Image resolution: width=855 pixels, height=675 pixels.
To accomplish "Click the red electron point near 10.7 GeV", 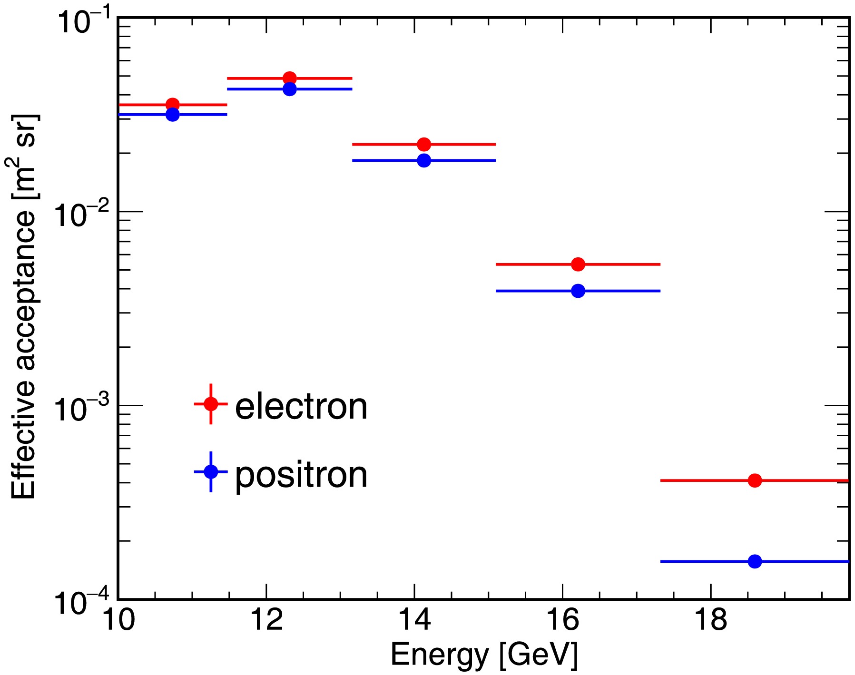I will [x=173, y=105].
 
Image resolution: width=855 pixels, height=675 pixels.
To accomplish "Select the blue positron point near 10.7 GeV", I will [x=173, y=115].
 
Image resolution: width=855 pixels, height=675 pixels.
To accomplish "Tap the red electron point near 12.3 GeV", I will [x=290, y=78].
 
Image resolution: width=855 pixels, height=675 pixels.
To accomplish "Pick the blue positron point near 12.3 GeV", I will [x=290, y=89].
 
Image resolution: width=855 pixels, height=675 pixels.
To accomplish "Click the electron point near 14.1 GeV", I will [x=424, y=144].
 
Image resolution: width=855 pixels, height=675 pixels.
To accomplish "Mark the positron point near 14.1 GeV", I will [x=424, y=160].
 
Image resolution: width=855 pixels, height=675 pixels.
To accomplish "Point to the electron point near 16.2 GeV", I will [x=578, y=264].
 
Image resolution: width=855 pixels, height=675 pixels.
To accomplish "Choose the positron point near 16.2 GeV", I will [x=578, y=291].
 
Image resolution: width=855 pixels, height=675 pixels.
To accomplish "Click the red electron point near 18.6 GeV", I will [x=755, y=480].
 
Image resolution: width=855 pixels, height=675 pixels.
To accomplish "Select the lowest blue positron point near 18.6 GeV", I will [x=755, y=561].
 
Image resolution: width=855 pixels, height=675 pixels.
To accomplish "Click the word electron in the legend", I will [x=301, y=407].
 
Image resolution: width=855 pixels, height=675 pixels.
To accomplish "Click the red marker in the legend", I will [x=211, y=404].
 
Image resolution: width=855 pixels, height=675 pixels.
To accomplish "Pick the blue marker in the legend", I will [x=211, y=471].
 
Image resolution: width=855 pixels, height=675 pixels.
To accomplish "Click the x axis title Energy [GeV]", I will [x=484, y=655].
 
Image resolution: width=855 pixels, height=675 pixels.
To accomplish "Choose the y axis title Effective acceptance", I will [x=24, y=307].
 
